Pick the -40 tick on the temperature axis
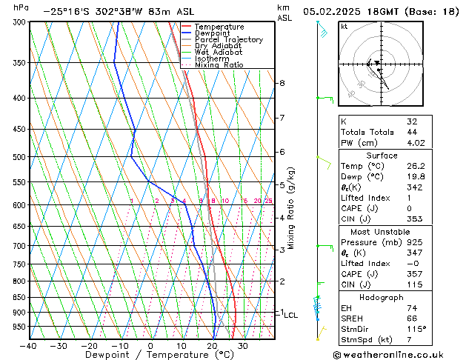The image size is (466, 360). click(28, 345)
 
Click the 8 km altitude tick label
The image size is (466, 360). click(282, 83)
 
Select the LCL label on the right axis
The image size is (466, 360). click(291, 315)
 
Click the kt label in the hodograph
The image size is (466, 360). click(344, 26)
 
